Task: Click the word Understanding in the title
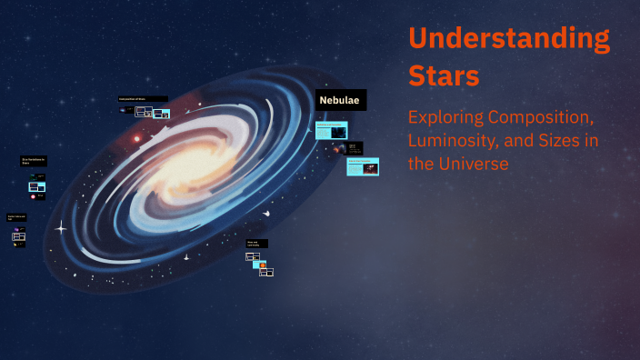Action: pyautogui.click(x=509, y=39)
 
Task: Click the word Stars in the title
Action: pyautogui.click(x=444, y=75)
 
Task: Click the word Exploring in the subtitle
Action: pyautogui.click(x=445, y=118)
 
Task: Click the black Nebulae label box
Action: pyautogui.click(x=341, y=100)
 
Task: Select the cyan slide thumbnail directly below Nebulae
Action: pyautogui.click(x=331, y=130)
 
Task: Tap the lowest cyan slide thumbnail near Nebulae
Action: pyautogui.click(x=363, y=166)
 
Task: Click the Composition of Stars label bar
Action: pyautogui.click(x=143, y=98)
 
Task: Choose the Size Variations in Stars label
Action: pyautogui.click(x=35, y=162)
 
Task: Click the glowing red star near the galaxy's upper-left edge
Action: pyautogui.click(x=137, y=139)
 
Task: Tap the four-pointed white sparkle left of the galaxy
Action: pyautogui.click(x=61, y=228)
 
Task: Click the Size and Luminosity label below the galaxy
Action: pyautogui.click(x=257, y=244)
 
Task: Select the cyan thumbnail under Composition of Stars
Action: pyautogui.click(x=161, y=114)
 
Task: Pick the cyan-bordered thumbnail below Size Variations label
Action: pyautogui.click(x=37, y=186)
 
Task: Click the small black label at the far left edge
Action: pyautogui.click(x=17, y=217)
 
